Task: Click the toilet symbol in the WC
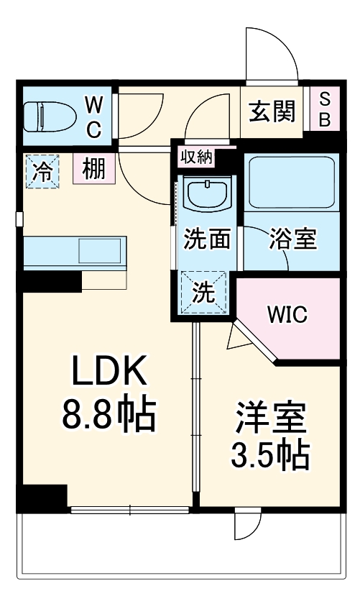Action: (x=49, y=116)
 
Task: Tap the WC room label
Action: (x=95, y=117)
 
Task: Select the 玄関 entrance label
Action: (x=272, y=111)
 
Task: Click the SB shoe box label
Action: (x=324, y=110)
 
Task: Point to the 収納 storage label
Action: (x=196, y=156)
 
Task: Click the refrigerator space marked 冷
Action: (x=43, y=172)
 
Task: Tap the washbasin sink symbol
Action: (x=206, y=194)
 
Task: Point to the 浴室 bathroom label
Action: (x=292, y=239)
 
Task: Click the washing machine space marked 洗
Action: (x=206, y=293)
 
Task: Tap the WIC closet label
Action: (x=287, y=314)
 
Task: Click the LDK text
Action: (x=109, y=373)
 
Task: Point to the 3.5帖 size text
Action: (x=270, y=454)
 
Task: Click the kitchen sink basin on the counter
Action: (x=99, y=252)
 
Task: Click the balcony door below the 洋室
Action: (x=248, y=525)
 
